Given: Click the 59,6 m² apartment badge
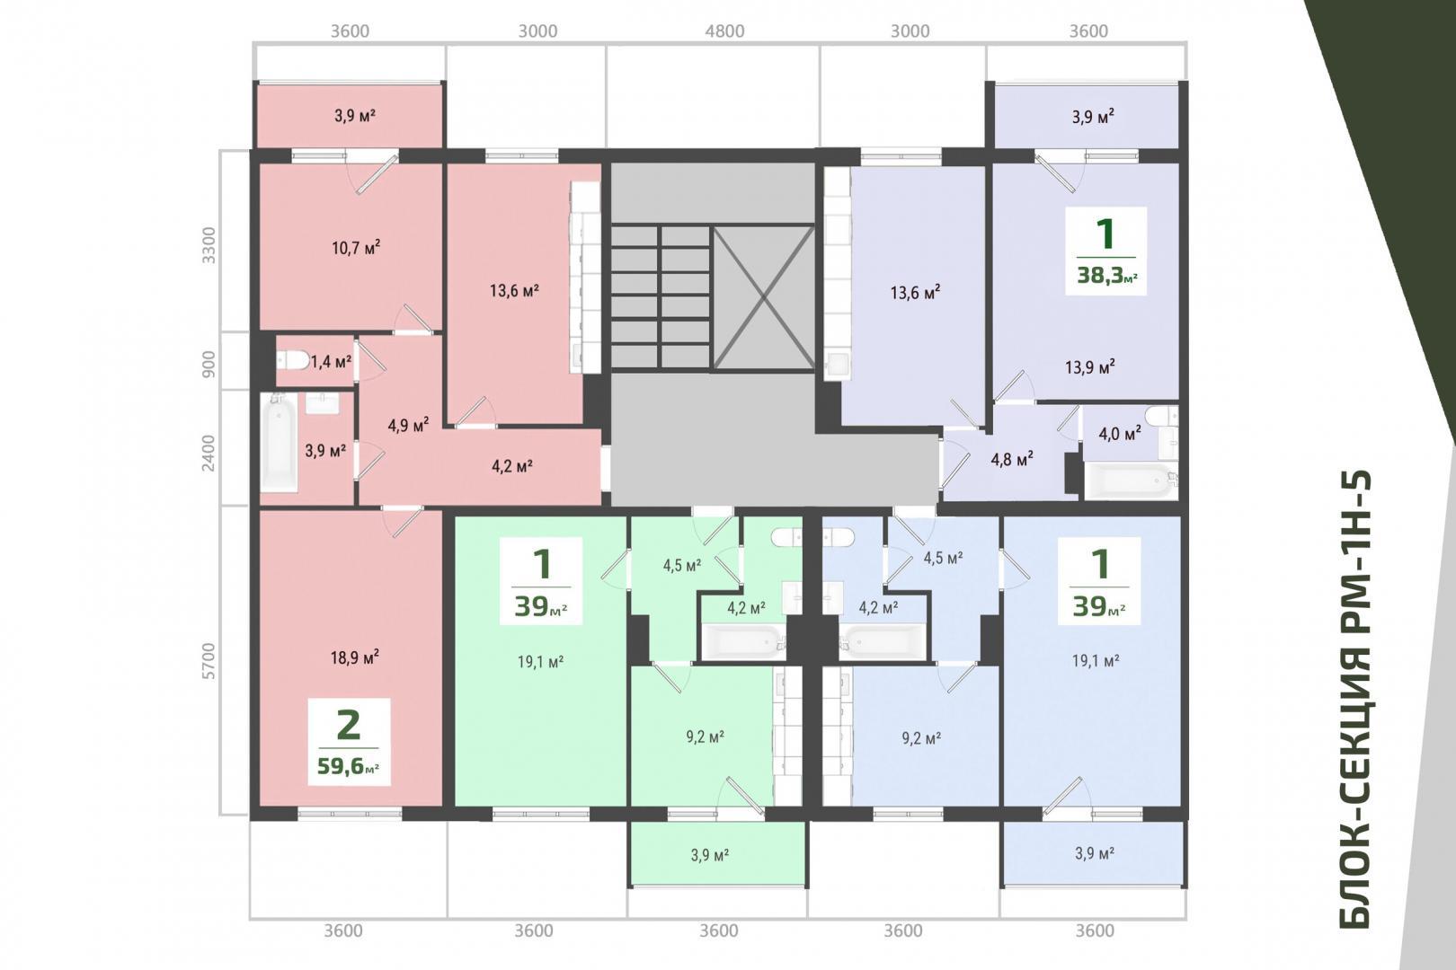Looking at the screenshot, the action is (x=349, y=742).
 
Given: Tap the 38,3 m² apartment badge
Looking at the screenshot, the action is (x=1105, y=251).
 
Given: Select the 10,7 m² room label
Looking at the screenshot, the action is (x=356, y=248).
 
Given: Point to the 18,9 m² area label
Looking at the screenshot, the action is (x=355, y=657).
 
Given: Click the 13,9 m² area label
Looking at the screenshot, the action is (x=1090, y=367).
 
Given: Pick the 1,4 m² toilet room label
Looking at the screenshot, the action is (x=331, y=361).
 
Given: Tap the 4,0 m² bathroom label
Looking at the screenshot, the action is (x=1120, y=433).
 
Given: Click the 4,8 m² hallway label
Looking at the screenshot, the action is (x=1012, y=459).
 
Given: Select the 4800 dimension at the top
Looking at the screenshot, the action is (x=724, y=31).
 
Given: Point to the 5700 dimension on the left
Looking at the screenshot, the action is (x=208, y=661).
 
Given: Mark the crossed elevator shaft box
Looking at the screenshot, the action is (x=764, y=298).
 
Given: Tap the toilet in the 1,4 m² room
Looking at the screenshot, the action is (x=292, y=360).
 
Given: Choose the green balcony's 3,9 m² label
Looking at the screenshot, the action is (x=710, y=854).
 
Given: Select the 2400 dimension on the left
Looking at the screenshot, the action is (x=208, y=453).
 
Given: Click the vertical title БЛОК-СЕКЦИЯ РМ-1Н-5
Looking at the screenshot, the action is (x=1354, y=699).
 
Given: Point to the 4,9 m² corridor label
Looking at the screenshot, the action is (x=408, y=426).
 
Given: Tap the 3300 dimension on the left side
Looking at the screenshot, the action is (x=208, y=245).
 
